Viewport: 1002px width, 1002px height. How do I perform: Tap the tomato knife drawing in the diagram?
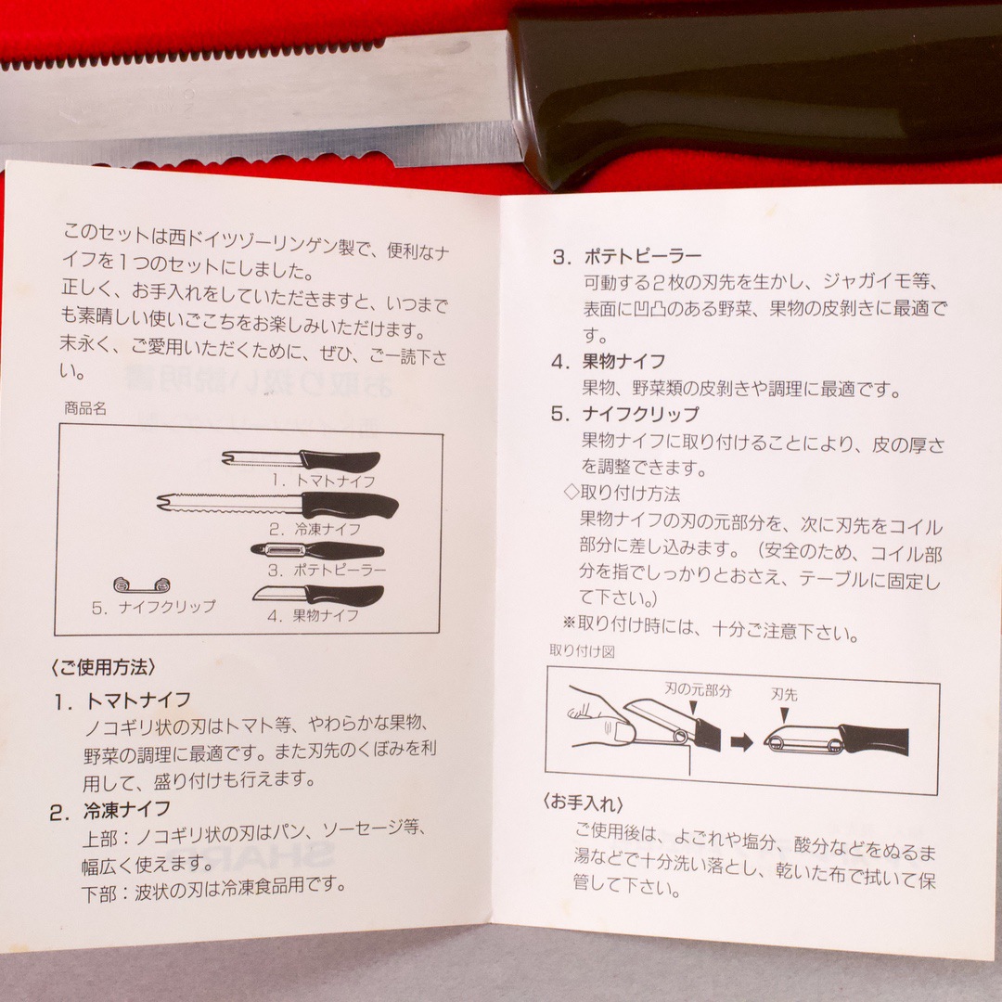point(301,460)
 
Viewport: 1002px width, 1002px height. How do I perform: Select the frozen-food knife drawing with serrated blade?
point(278,505)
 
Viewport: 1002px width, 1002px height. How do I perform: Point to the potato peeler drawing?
point(317,551)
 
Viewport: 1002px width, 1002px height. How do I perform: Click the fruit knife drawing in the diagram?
point(318,596)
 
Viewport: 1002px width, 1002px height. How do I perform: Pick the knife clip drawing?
point(142,584)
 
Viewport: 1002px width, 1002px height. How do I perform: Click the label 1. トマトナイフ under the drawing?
point(323,481)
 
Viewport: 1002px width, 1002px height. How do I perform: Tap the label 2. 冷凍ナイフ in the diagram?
point(315,529)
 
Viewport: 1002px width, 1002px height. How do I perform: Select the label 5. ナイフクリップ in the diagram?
point(153,607)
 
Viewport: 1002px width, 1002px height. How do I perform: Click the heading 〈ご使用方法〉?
point(103,668)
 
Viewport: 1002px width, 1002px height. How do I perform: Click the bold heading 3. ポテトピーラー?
point(627,257)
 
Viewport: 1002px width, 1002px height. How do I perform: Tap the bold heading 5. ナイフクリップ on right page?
point(625,414)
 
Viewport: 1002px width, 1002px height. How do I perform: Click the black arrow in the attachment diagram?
point(741,742)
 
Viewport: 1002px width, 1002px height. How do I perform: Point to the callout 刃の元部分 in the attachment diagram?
point(697,689)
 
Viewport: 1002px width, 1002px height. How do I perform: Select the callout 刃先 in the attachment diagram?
point(783,694)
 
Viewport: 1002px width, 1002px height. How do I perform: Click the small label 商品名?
point(85,408)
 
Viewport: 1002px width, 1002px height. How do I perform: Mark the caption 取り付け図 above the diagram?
point(582,651)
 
